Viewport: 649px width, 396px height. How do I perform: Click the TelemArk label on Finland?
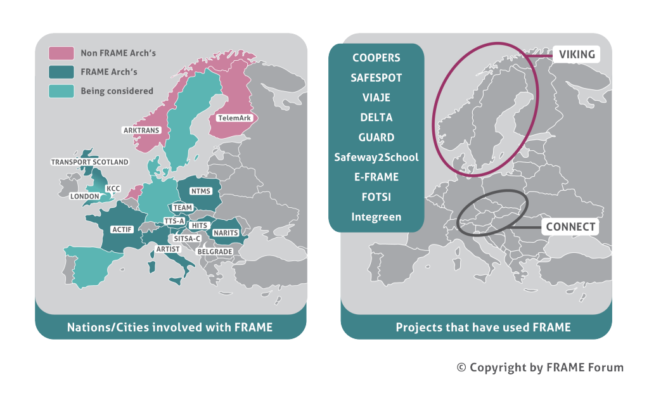(234, 118)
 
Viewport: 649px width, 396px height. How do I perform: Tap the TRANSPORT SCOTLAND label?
(89, 162)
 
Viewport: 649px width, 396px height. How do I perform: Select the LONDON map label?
(85, 196)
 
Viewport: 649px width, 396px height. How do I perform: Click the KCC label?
(113, 188)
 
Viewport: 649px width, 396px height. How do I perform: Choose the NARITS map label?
(226, 233)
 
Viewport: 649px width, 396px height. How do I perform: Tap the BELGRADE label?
(214, 252)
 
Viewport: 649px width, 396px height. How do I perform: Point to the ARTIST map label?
(168, 249)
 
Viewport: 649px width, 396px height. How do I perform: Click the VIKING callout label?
(577, 54)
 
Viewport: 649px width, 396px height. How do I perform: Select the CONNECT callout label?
(570, 227)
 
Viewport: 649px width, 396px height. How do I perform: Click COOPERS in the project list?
(376, 58)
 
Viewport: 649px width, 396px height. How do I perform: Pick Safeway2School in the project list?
(376, 157)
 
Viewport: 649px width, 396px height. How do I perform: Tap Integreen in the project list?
(376, 217)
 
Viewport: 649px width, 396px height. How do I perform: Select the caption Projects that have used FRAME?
(483, 328)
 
